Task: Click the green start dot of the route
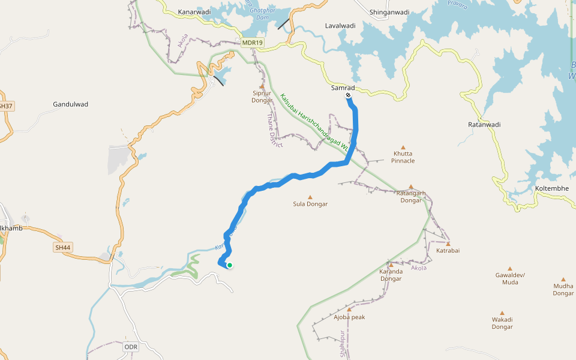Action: pos(229,265)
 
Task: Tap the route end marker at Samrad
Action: pos(348,95)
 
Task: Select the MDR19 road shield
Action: pos(253,43)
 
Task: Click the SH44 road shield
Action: pos(62,247)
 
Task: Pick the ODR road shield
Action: pos(131,347)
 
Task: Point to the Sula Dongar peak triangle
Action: pos(310,197)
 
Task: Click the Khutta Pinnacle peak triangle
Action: pos(403,148)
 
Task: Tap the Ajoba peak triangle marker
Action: pos(349,310)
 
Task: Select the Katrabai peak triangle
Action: pos(448,243)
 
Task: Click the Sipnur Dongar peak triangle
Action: pos(262,86)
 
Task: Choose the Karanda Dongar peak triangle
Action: pos(391,264)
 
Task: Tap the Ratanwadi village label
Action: pos(484,125)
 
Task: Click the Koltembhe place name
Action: pos(551,189)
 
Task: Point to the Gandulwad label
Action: pos(70,104)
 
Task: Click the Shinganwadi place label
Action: pos(389,12)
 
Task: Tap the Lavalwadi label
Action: pos(340,26)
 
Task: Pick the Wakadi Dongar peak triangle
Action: pos(502,312)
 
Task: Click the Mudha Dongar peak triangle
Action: pos(563,279)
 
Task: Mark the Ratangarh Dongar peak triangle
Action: pos(411,187)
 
